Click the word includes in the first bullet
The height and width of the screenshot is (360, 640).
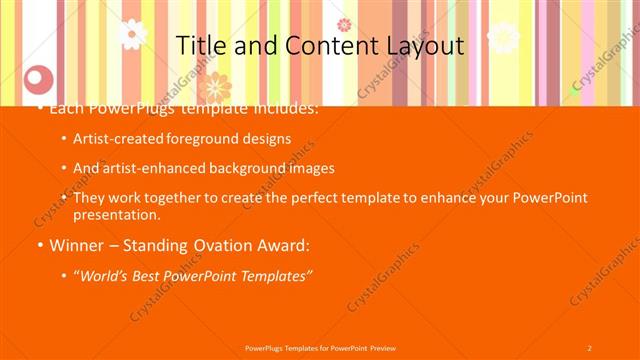[284, 108]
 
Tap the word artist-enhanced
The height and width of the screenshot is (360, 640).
[148, 168]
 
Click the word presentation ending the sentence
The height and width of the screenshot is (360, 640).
[116, 214]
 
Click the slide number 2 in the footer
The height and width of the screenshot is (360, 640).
[589, 347]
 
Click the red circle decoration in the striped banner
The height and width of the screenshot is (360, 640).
[38, 77]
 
